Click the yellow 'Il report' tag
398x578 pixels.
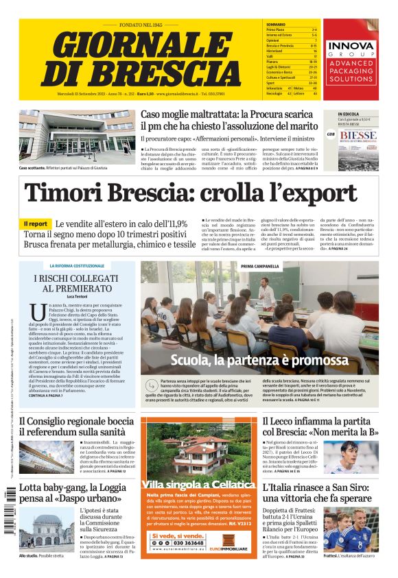(35, 224)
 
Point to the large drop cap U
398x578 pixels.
(38, 313)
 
